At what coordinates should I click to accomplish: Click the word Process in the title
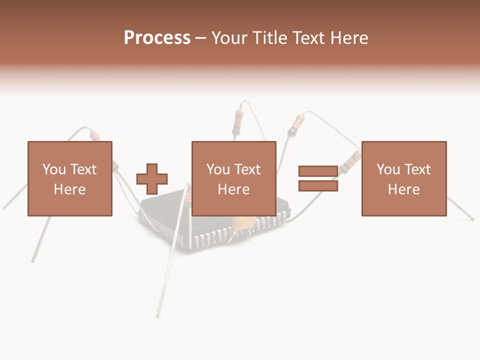157,38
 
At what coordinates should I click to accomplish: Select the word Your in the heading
229,38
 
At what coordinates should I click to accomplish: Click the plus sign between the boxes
152,178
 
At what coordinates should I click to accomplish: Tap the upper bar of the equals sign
318,171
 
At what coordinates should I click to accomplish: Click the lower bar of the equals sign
318,185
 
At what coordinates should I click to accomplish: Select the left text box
69,178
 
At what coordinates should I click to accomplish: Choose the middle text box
233,178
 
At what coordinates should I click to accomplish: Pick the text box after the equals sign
403,178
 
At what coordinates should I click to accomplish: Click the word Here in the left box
69,189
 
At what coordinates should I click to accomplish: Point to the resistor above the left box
95,135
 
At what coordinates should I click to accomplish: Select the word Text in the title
306,38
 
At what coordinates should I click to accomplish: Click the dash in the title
201,38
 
